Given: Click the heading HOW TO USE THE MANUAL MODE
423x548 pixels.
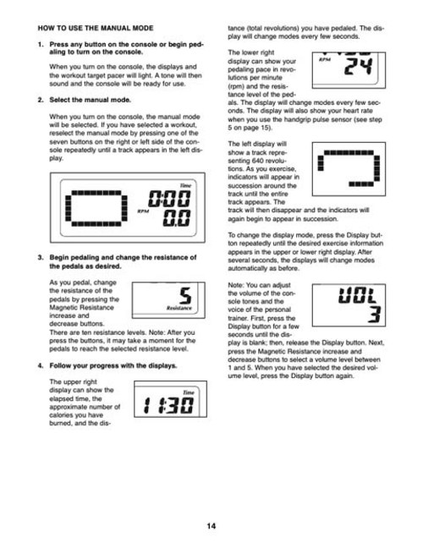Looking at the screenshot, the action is (x=96, y=28).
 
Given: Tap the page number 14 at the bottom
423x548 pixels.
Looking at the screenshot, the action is (x=211, y=526).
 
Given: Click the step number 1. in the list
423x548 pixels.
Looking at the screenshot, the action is (x=41, y=44).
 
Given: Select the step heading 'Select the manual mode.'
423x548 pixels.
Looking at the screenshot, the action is (x=91, y=100).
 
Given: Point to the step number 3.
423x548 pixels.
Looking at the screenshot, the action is (x=41, y=258).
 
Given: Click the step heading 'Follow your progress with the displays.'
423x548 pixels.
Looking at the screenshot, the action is (x=113, y=365).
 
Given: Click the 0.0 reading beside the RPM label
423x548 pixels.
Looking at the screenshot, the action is (x=177, y=218).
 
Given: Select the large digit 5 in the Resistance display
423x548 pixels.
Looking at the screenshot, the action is (x=185, y=295).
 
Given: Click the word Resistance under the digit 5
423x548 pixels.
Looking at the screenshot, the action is (x=179, y=308).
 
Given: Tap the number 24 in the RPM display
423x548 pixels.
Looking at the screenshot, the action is (x=358, y=67).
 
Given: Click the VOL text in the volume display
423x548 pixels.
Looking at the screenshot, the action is (x=357, y=295).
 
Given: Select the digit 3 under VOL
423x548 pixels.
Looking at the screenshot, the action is (x=374, y=314).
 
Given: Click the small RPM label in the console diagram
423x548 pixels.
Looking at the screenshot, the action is (x=143, y=211).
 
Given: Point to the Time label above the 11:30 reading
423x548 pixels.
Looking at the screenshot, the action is (x=189, y=392).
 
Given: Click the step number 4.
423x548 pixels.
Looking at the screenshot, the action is (x=41, y=365).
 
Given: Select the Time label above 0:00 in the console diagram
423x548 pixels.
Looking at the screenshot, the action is (x=185, y=185).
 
